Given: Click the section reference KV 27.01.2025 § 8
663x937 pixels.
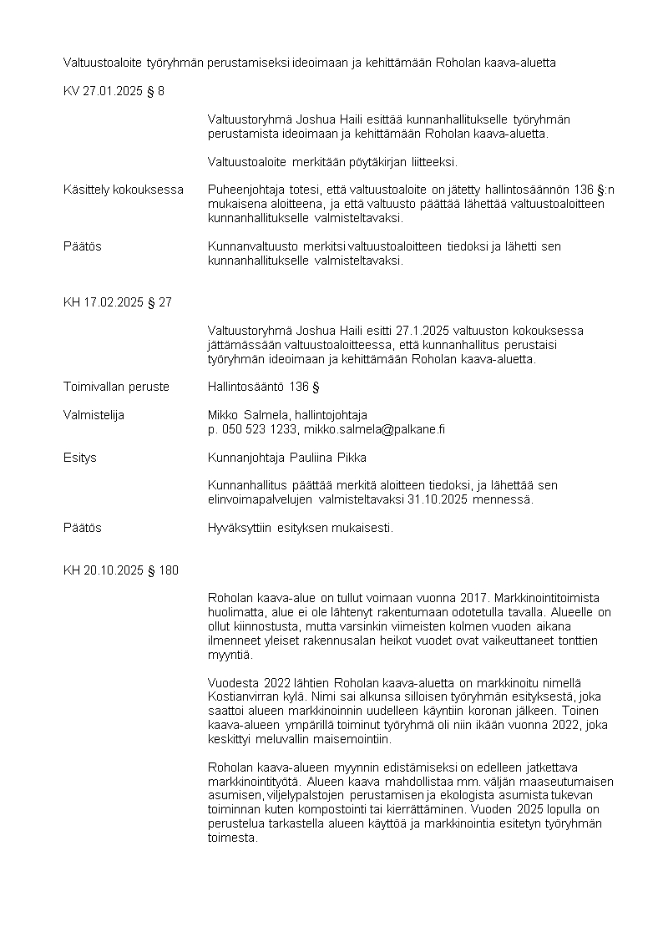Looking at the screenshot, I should pos(114,91).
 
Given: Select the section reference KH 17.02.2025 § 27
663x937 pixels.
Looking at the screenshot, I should pos(118,302).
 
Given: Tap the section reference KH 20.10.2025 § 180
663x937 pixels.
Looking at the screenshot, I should pos(120,570).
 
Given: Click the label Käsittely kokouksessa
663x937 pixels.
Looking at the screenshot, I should pos(124,190).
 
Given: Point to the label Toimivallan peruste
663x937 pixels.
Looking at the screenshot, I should pos(116,387).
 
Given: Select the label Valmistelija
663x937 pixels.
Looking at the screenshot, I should pos(94,415).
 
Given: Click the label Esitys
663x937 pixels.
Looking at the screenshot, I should pos(80,458).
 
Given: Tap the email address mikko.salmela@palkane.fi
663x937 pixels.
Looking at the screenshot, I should pos(374,429).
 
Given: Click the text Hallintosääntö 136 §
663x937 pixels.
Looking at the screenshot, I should pos(264,387).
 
